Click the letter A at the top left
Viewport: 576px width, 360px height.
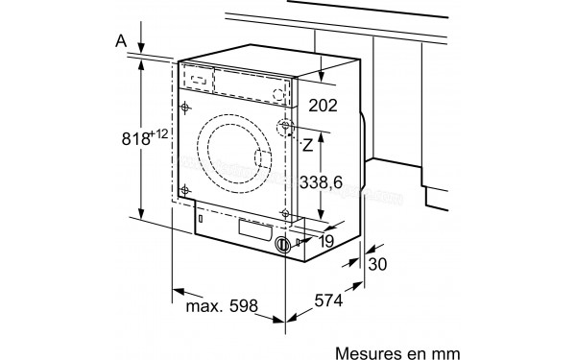(119, 41)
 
